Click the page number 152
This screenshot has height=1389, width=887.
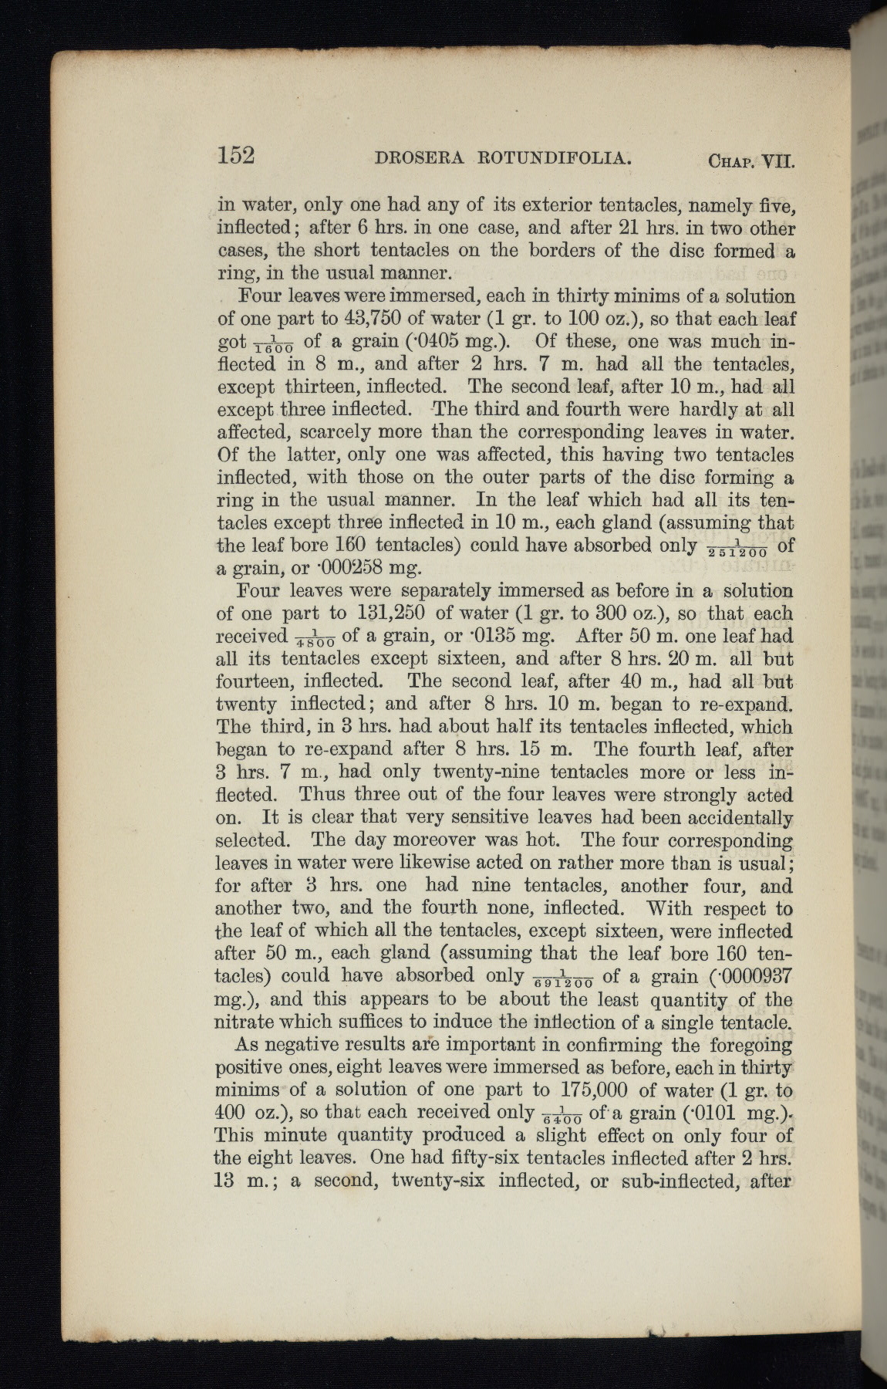click(x=235, y=155)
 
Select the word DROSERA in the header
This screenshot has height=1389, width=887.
click(x=420, y=159)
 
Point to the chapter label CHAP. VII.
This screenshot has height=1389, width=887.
click(x=750, y=162)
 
